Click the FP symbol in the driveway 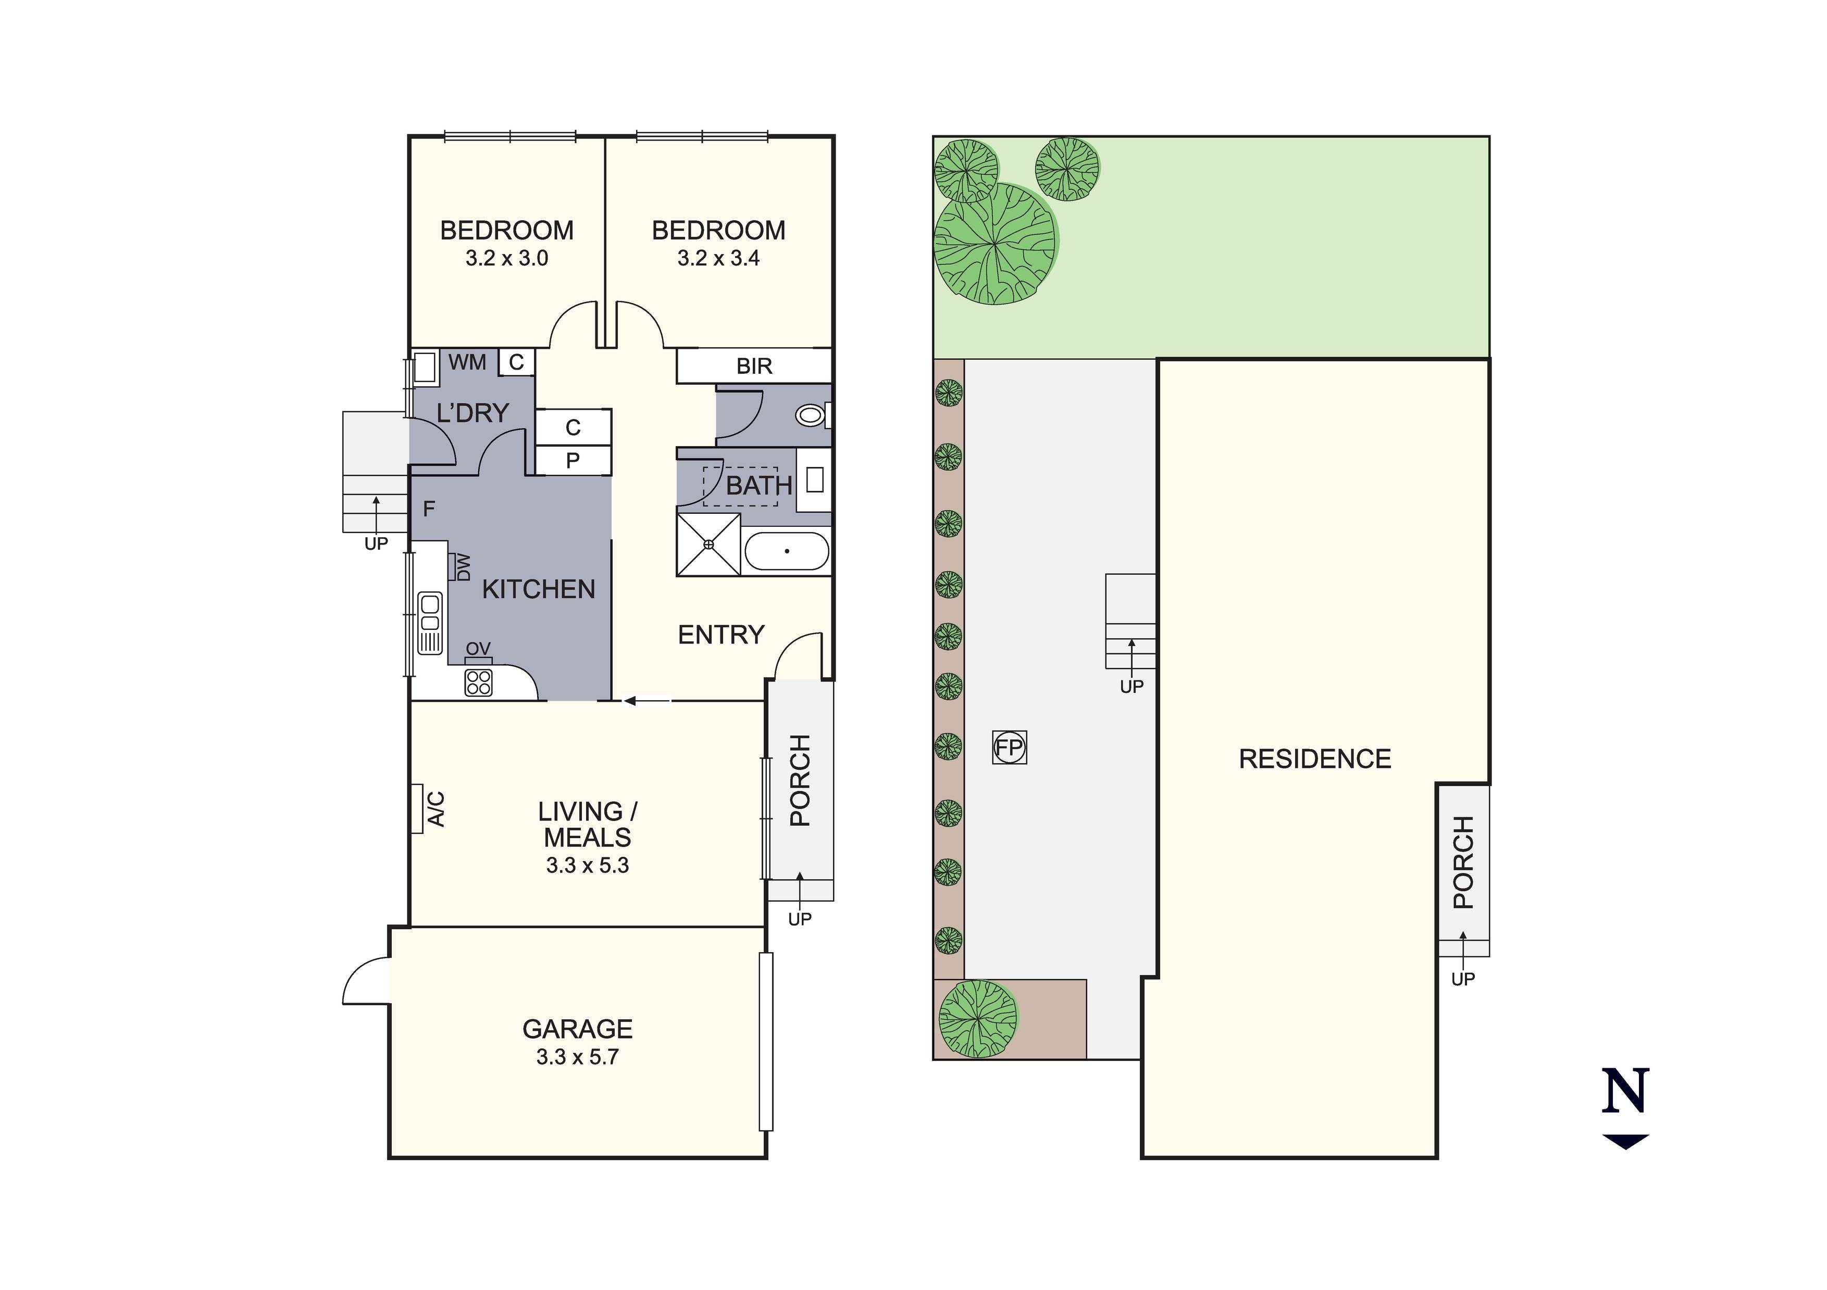pyautogui.click(x=1009, y=748)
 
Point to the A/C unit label pyautogui.click(x=436, y=809)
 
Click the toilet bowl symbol pyautogui.click(x=810, y=415)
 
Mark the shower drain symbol pyautogui.click(x=708, y=545)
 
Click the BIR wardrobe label pyautogui.click(x=753, y=366)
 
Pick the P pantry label pyautogui.click(x=573, y=461)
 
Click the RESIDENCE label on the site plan pyautogui.click(x=1314, y=760)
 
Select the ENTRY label pyautogui.click(x=721, y=635)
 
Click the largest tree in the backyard pyautogui.click(x=995, y=243)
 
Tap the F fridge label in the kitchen pyautogui.click(x=429, y=509)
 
